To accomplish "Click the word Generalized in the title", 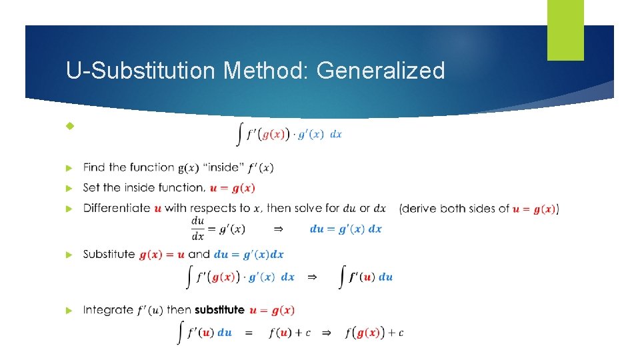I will tap(381, 70).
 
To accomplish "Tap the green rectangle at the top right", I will tap(565, 30).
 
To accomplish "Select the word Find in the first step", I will tap(94, 167).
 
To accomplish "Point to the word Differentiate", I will tap(117, 208).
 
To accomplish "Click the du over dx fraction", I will tap(197, 228).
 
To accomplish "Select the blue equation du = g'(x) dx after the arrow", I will tap(346, 229).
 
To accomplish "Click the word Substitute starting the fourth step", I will tap(109, 254).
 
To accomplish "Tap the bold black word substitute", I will tap(219, 310).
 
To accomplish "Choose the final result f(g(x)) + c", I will tap(374, 333).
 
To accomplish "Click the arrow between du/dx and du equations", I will tap(279, 229).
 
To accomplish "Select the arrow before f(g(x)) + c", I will tap(326, 333).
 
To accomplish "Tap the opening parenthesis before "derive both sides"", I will tap(401, 209).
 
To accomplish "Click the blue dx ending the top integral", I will tap(336, 134).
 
